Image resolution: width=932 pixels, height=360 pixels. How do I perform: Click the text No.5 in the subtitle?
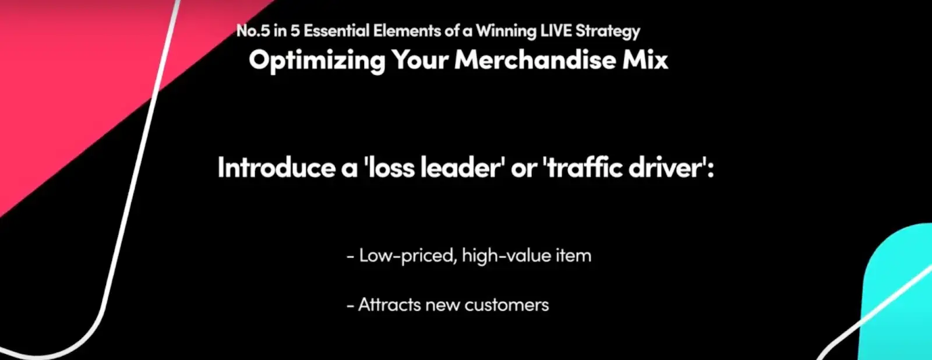253,31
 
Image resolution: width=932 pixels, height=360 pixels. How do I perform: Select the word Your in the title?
420,60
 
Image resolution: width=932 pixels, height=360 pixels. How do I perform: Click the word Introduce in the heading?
276,167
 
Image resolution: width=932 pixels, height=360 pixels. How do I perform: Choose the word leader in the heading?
463,167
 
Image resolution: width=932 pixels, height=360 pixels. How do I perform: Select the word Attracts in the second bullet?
390,305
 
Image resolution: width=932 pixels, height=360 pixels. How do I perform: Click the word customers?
507,305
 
